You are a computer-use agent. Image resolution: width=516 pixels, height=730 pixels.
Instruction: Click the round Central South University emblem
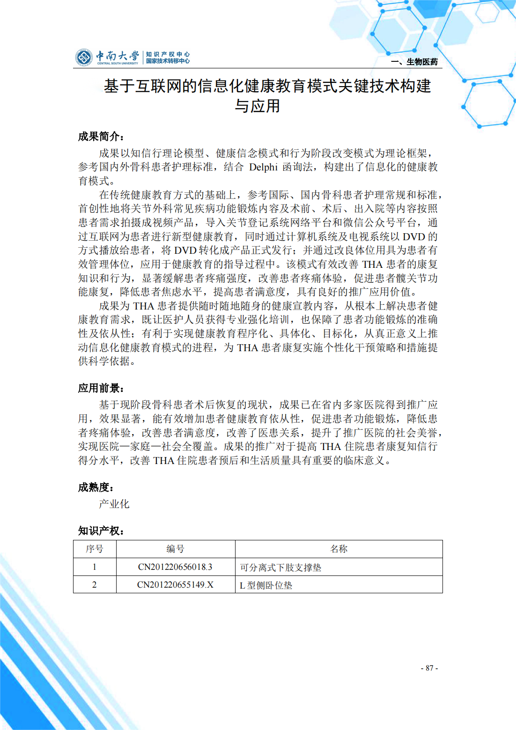tap(84, 58)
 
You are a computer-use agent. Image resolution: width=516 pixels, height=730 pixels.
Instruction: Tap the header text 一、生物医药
tap(414, 62)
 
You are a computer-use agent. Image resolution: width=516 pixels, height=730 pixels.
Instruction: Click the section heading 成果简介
tap(101, 137)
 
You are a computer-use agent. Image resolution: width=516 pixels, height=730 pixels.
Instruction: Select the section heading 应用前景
tap(101, 388)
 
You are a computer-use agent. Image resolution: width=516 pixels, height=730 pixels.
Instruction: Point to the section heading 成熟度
tap(96, 487)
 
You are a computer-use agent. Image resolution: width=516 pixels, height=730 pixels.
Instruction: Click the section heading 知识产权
tap(101, 531)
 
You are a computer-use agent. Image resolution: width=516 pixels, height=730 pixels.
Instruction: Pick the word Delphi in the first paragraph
tap(263, 167)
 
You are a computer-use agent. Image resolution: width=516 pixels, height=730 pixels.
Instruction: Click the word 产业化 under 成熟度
tap(114, 504)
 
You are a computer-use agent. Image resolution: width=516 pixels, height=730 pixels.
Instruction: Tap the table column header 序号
tap(95, 549)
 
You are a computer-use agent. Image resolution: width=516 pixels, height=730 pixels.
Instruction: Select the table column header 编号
tap(175, 549)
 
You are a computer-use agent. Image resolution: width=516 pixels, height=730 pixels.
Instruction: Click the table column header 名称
tap(339, 549)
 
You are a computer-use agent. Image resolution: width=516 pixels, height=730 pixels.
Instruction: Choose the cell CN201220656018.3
tap(175, 567)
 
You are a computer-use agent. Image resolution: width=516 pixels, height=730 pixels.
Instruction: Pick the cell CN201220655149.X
tap(175, 585)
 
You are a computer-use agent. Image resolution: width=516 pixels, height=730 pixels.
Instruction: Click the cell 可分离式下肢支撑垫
tap(280, 568)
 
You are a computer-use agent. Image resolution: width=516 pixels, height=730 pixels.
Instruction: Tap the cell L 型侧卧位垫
tap(266, 585)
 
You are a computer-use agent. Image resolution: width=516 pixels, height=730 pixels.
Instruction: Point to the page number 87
tap(429, 668)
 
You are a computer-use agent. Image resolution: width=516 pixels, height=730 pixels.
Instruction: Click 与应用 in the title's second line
tap(258, 106)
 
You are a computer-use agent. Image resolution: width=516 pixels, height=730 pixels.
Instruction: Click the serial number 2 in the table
tap(95, 585)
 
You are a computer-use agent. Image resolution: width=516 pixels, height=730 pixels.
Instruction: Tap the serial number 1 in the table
tap(95, 567)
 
